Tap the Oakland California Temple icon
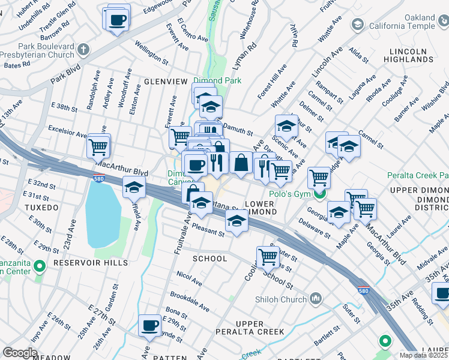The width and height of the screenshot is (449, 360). tap(358, 25)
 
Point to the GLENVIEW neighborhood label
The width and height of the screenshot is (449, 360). tap(166, 81)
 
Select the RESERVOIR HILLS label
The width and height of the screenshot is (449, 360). tap(91, 263)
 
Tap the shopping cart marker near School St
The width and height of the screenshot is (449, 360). tap(268, 257)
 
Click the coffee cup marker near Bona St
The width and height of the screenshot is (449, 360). tap(149, 326)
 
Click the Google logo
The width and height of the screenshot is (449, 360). tap(20, 353)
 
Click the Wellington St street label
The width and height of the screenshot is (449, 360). tap(151, 52)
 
